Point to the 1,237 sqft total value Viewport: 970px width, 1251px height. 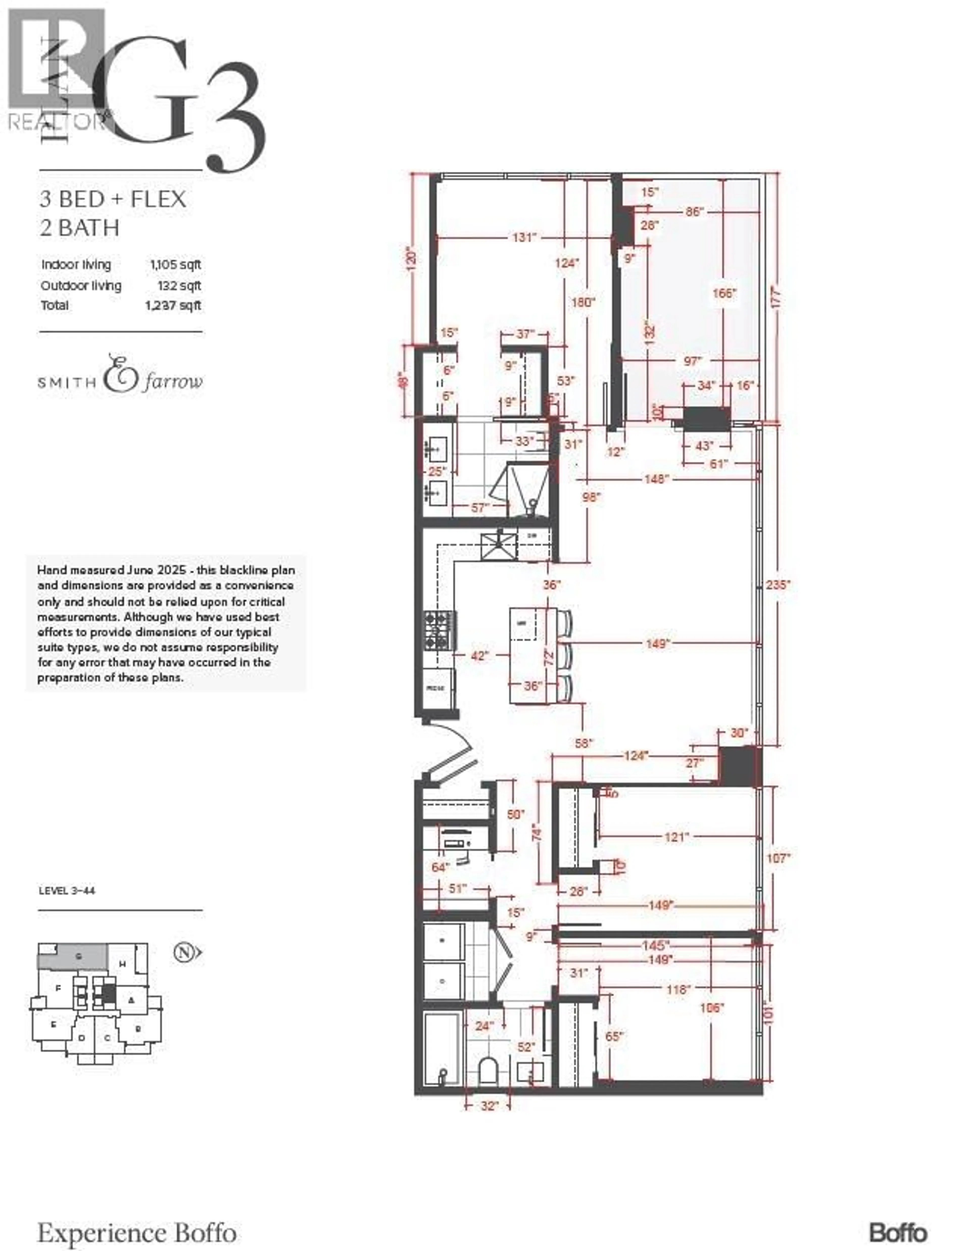(173, 305)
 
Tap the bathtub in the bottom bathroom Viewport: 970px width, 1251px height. (442, 1048)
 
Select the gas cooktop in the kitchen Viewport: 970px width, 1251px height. (440, 630)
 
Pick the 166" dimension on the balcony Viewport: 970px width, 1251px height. (724, 293)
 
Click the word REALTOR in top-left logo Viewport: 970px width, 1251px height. (56, 121)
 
